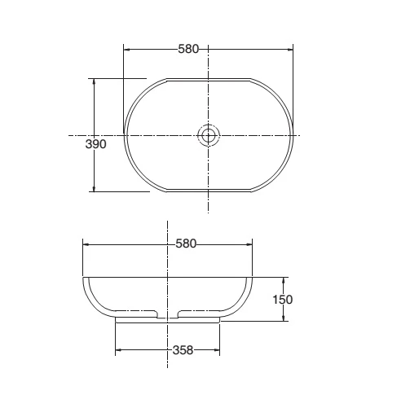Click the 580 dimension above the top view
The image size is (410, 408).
pyautogui.click(x=188, y=49)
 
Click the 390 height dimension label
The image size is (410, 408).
pyautogui.click(x=95, y=144)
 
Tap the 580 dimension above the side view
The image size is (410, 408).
pyautogui.click(x=186, y=243)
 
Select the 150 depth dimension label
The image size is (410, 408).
pyautogui.click(x=283, y=300)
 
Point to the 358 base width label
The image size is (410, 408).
pyautogui.click(x=183, y=350)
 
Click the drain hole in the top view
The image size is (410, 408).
pyautogui.click(x=208, y=135)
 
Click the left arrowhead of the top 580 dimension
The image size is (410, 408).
pyautogui.click(x=127, y=50)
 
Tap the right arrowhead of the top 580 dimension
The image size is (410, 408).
pyautogui.click(x=289, y=50)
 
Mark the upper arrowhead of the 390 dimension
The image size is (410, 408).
pyautogui.click(x=94, y=82)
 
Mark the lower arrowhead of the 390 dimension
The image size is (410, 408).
pyautogui.click(x=94, y=188)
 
